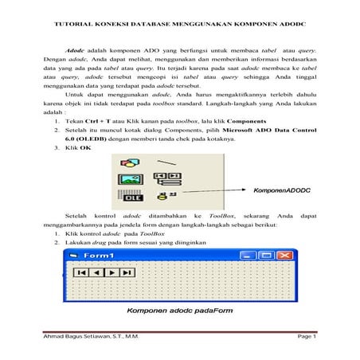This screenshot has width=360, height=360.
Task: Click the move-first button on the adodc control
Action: pyautogui.click(x=80, y=272)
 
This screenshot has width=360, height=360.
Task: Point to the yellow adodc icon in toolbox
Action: pyautogui.click(x=163, y=196)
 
